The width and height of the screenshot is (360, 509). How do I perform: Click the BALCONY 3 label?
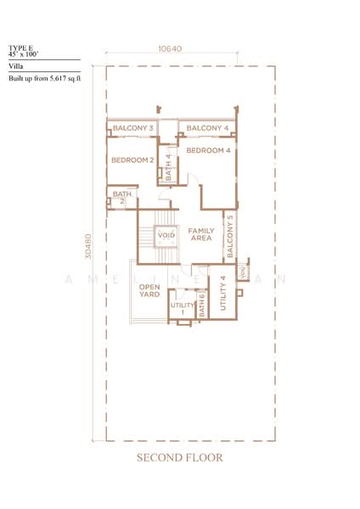[133, 129]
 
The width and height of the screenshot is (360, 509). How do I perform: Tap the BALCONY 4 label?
[207, 129]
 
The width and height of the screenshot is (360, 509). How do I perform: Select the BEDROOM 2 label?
[132, 159]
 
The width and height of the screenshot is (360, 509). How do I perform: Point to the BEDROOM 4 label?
[209, 151]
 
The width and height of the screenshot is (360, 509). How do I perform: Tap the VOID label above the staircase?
[166, 235]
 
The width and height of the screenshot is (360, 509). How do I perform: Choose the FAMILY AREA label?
[201, 235]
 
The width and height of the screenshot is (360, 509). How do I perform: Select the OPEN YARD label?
[149, 291]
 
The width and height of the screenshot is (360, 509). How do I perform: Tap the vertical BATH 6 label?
[202, 305]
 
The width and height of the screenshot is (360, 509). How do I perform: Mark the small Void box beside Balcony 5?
[243, 273]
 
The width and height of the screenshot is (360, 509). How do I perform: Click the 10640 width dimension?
[170, 49]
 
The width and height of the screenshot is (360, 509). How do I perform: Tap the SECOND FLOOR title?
[180, 457]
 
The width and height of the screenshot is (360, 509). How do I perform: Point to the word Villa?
[16, 64]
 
